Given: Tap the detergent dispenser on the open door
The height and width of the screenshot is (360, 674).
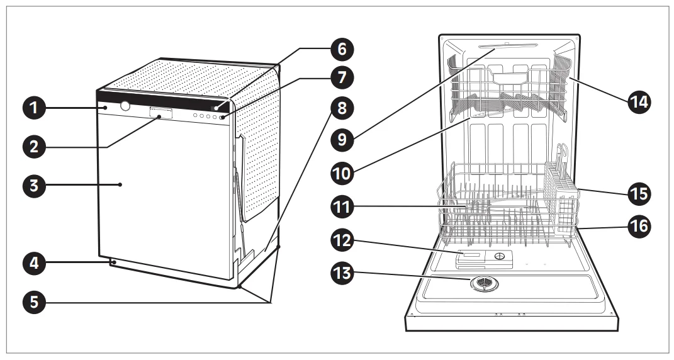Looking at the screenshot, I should [x=483, y=257].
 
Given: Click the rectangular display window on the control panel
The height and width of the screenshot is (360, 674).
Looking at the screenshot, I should [x=160, y=113].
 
